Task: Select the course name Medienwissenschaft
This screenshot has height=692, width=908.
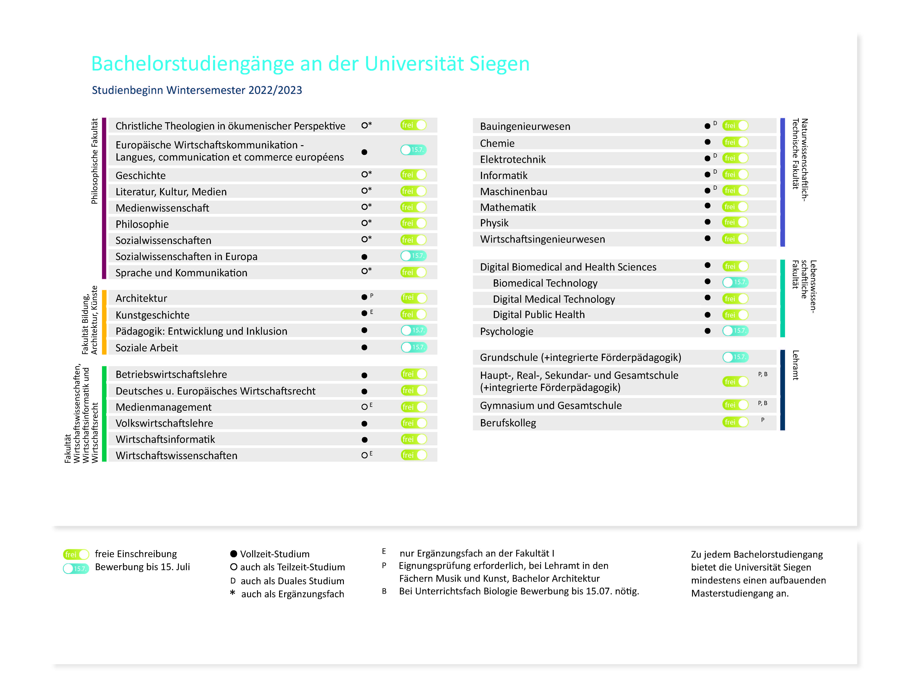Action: tap(162, 208)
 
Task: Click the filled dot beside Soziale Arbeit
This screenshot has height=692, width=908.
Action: tap(364, 347)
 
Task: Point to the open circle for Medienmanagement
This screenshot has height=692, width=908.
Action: tap(364, 407)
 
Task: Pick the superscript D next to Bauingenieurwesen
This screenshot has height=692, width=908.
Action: tap(715, 123)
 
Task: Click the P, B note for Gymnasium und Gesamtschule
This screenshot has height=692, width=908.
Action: tap(763, 403)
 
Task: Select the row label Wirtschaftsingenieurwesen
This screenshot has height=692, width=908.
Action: tap(543, 239)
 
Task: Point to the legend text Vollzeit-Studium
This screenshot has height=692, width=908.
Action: tap(275, 554)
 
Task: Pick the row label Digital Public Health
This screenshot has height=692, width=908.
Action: tap(539, 315)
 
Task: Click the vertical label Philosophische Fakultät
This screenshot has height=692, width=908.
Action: tap(94, 161)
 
